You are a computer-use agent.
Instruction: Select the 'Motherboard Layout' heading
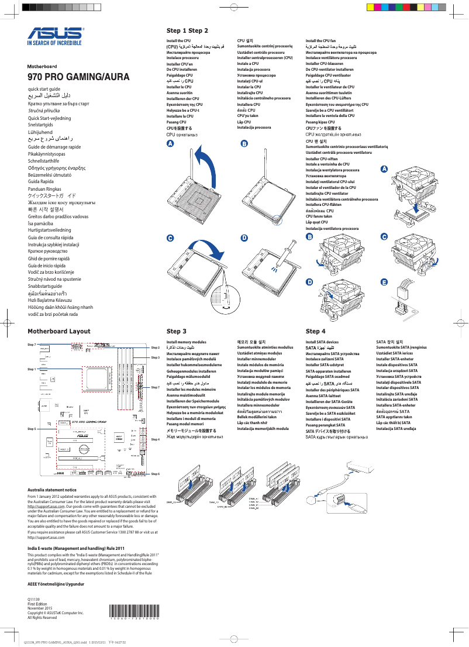(x=59, y=331)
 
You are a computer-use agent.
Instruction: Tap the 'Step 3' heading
(x=176, y=331)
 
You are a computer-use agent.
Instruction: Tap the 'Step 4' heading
(x=315, y=331)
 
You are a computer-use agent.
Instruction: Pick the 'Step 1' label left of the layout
(x=32, y=369)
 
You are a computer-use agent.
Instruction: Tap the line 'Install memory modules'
(x=186, y=342)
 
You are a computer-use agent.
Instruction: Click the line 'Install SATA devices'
(x=322, y=342)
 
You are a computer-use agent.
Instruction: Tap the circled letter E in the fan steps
(x=384, y=283)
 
